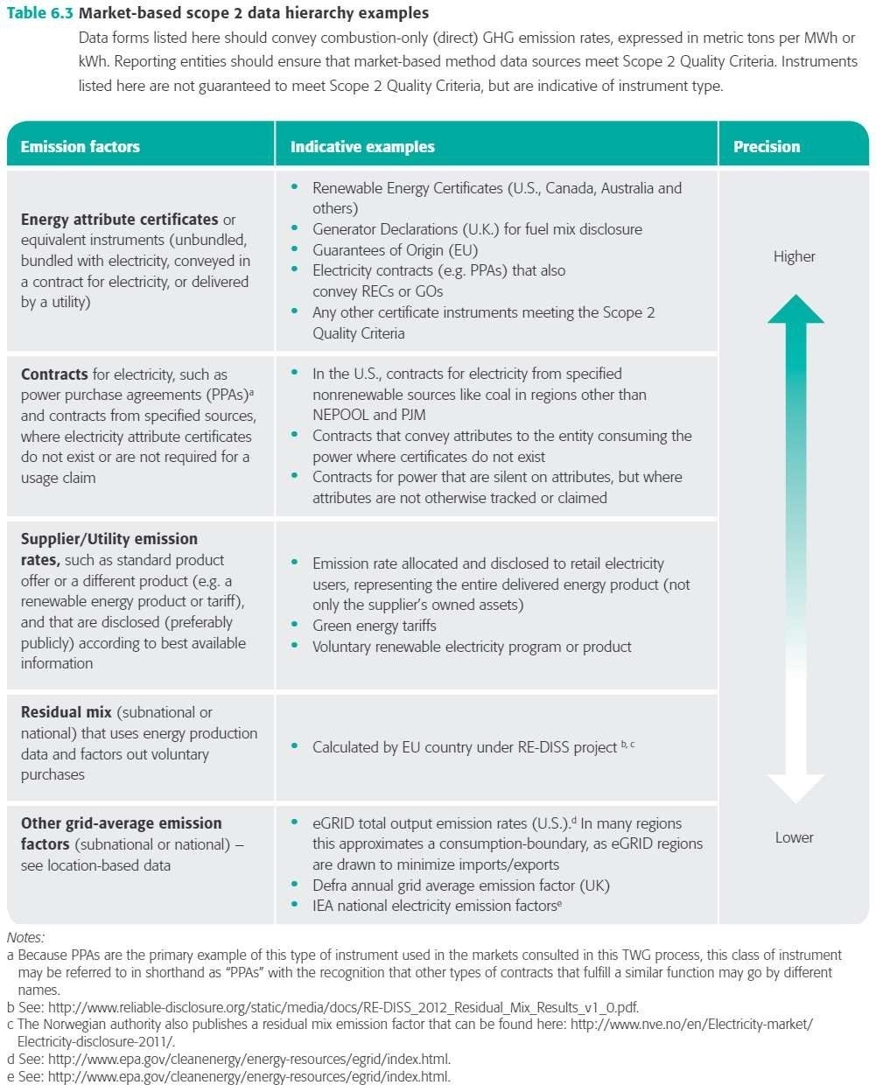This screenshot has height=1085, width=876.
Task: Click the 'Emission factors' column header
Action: tap(80, 147)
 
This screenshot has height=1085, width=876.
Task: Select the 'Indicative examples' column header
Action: tap(362, 147)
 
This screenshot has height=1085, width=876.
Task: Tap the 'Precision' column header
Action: tap(767, 147)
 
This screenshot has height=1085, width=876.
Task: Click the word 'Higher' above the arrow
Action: tap(794, 256)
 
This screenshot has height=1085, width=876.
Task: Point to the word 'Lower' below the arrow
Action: tap(794, 837)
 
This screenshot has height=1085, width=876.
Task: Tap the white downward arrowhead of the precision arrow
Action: tap(795, 787)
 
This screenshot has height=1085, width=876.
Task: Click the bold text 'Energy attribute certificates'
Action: tap(119, 220)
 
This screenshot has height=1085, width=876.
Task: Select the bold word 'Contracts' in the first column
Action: tap(54, 374)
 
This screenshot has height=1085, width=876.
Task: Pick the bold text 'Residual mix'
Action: tap(67, 712)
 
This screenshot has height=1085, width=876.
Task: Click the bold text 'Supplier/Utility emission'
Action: tap(109, 539)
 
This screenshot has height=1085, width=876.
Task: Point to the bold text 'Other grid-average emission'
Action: tap(122, 823)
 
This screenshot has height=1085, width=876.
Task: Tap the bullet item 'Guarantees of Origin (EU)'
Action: tap(395, 250)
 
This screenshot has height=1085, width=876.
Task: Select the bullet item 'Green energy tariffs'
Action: tap(374, 626)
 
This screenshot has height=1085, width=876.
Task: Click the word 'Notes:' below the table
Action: tap(25, 938)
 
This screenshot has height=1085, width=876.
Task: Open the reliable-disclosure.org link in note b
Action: tap(343, 1007)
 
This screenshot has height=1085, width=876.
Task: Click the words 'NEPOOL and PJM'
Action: tap(369, 415)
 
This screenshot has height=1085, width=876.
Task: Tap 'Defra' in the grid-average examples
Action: tap(333, 885)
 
